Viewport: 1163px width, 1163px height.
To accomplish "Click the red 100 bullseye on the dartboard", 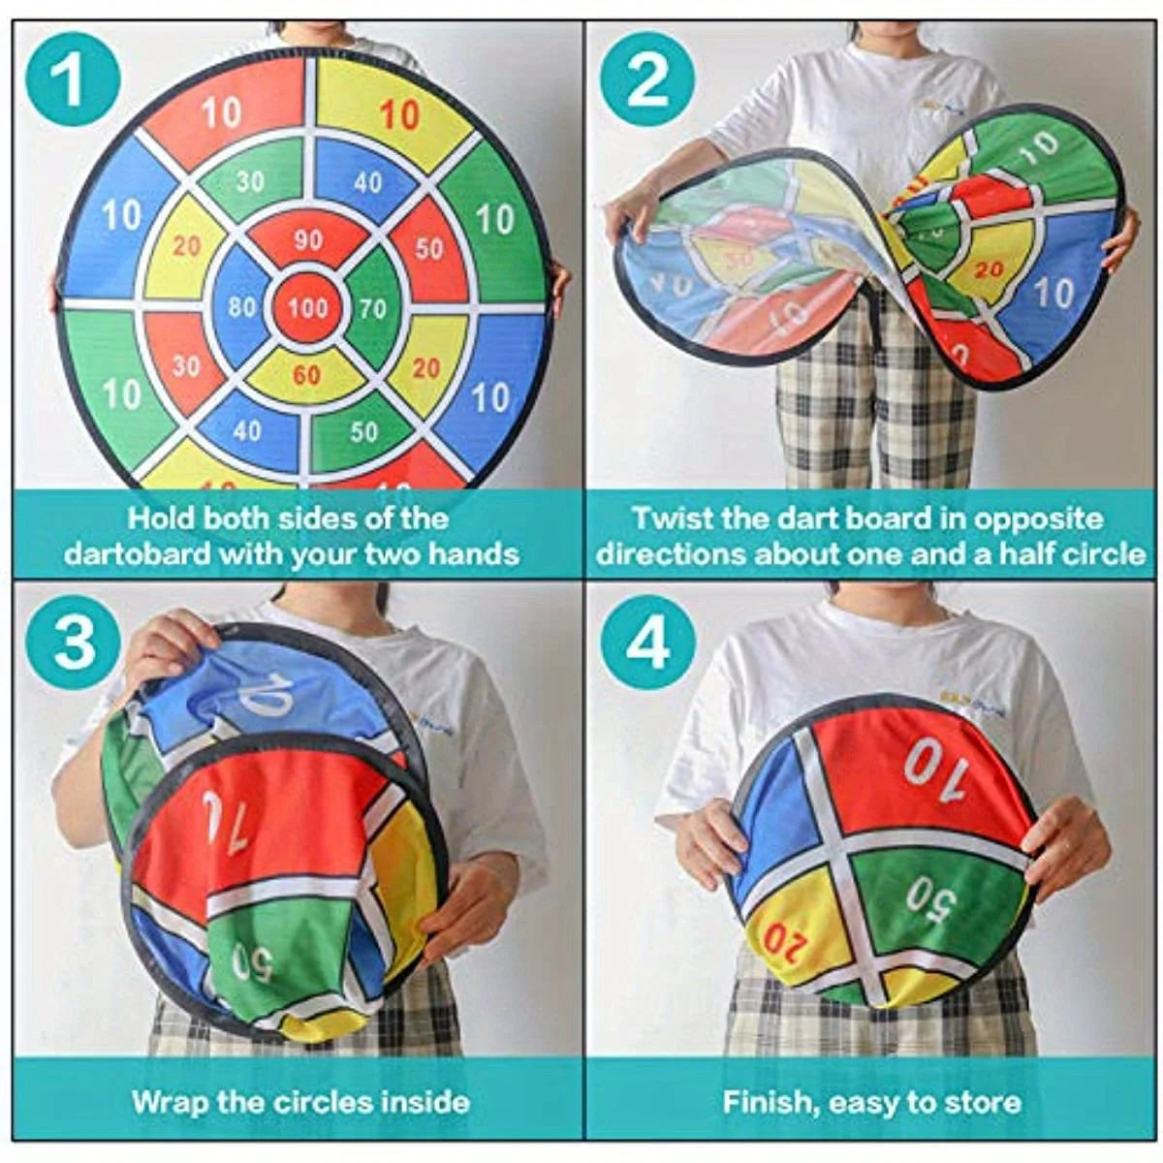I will click(x=307, y=308).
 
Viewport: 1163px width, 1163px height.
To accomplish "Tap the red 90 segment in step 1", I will click(x=307, y=241).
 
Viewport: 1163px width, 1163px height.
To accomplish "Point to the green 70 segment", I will click(x=372, y=309).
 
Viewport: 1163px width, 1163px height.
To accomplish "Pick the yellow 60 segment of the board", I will click(x=306, y=375).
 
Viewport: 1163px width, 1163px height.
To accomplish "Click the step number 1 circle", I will click(x=70, y=79).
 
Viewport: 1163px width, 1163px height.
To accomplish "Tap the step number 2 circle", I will click(x=647, y=79).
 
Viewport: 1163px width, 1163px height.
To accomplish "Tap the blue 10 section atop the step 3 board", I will click(x=271, y=693).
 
